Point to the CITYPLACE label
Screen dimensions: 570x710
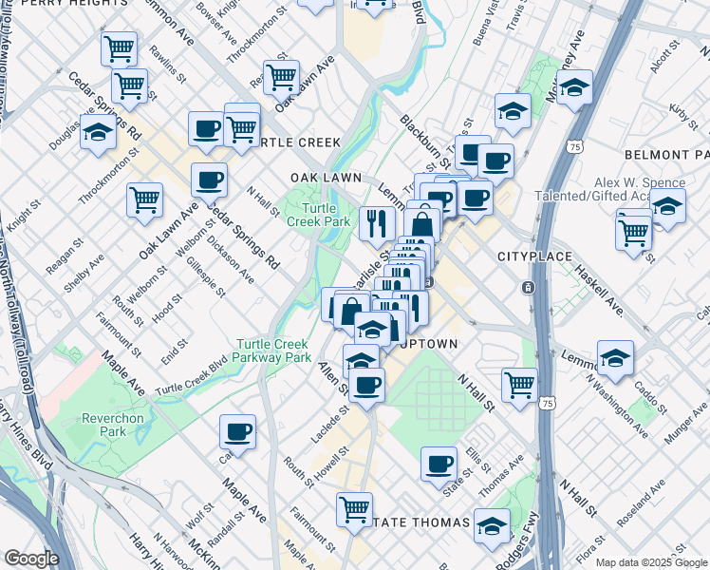click(x=534, y=256)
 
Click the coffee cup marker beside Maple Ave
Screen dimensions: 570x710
click(x=237, y=431)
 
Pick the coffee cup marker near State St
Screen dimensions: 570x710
click(x=439, y=464)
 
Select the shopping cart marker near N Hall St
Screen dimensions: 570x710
click(x=520, y=384)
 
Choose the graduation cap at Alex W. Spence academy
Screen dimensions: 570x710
click(x=667, y=205)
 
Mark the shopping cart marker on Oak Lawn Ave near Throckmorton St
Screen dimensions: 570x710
click(x=281, y=77)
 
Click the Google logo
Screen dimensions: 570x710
click(x=32, y=559)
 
